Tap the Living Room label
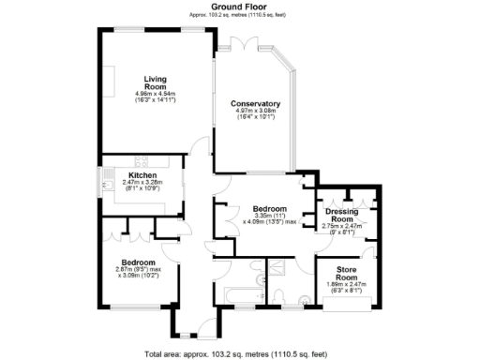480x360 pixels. click(x=155, y=82)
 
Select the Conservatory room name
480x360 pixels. click(x=256, y=103)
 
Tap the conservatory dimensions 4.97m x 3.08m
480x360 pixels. click(x=255, y=115)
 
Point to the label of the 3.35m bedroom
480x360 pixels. click(x=269, y=208)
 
